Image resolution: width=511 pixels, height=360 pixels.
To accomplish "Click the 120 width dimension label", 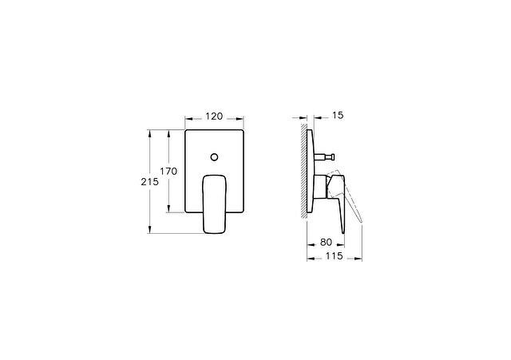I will (x=214, y=116).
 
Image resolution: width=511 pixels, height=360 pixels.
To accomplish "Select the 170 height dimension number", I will (x=168, y=171).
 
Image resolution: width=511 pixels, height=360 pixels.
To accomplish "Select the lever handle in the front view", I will (x=215, y=204).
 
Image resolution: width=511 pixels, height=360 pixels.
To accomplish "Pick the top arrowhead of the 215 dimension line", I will (x=151, y=131).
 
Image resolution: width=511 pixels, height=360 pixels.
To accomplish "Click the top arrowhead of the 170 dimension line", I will (x=168, y=131).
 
